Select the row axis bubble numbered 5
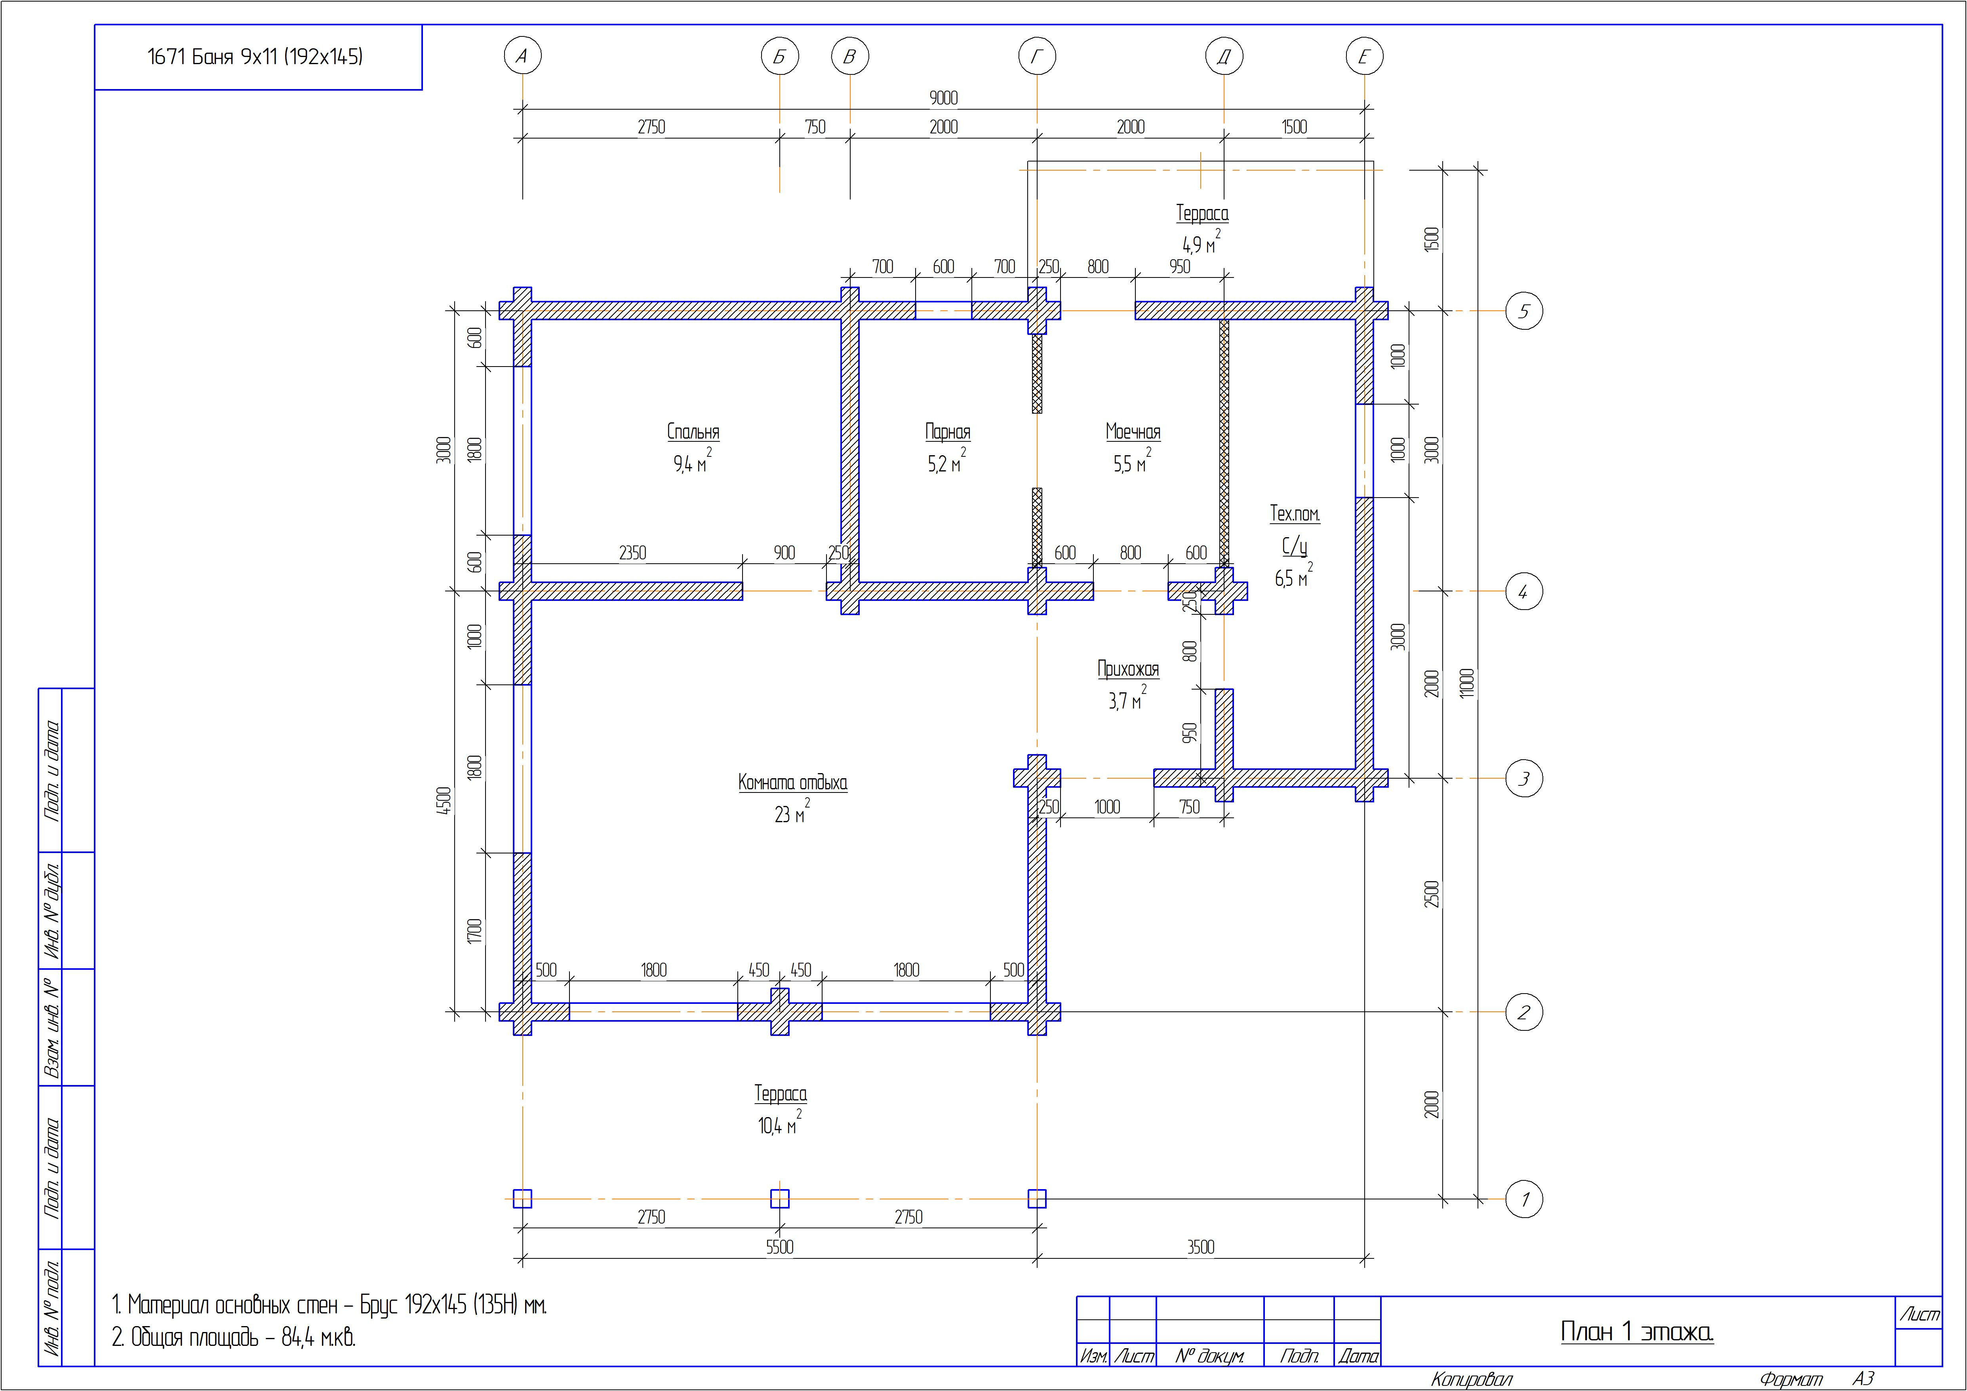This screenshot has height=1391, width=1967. coord(1524,311)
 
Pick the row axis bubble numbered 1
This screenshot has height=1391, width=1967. coord(1524,1199)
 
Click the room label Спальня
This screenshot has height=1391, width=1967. coord(693,432)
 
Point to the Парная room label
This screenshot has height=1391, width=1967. coord(948,432)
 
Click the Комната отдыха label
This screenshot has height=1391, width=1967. coord(792,782)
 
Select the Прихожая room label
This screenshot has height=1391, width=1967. coord(1128,669)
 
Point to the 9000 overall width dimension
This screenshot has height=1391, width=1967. coord(943,98)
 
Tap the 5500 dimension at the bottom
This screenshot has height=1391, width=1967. coord(780,1247)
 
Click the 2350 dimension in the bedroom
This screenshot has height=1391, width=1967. coord(632,553)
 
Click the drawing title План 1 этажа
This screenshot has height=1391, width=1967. coord(1636,1332)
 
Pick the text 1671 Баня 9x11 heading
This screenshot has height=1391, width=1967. coord(255,57)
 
